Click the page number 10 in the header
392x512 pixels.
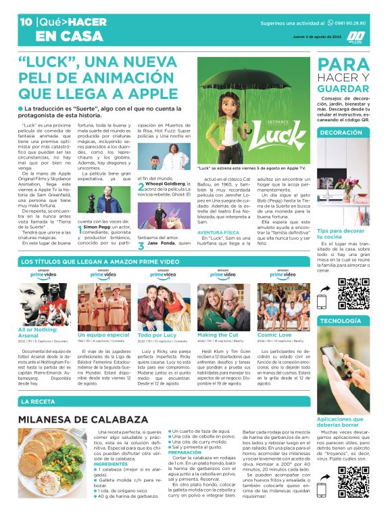click(26, 22)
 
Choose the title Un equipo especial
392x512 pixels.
click(103, 335)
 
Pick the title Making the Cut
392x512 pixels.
click(218, 335)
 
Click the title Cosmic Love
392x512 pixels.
click(274, 335)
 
